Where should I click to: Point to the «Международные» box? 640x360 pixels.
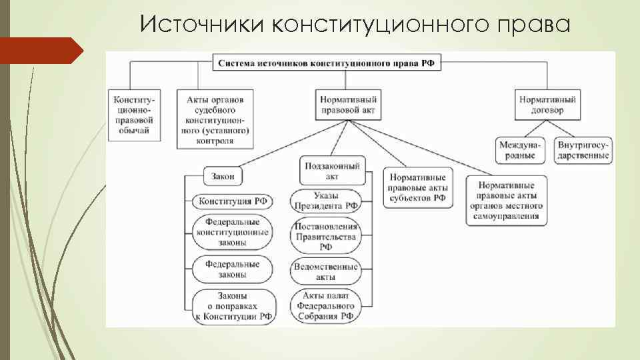coord(520,150)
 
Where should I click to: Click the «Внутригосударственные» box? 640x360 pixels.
coord(584,150)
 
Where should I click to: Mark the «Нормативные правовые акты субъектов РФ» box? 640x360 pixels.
coord(417,188)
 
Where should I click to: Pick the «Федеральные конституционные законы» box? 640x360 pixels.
coord(232,232)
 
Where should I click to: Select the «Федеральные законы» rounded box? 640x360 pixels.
coord(232,269)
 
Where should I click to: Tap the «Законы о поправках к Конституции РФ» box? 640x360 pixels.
coord(232,306)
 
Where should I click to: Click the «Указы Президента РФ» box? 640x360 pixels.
coord(326,201)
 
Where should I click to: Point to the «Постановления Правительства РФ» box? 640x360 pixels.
coord(326,237)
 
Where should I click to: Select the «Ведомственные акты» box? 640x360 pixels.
coord(326,271)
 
